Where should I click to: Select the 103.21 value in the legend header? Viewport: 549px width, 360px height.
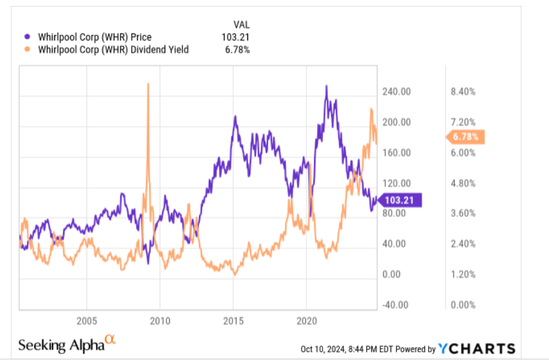[236, 37]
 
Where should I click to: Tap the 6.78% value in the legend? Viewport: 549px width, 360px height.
[237, 49]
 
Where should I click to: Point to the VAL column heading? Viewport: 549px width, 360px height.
[241, 24]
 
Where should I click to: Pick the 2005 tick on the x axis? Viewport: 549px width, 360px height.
[87, 321]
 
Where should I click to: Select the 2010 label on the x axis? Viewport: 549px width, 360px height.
[160, 321]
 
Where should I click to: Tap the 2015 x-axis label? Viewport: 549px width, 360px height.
[233, 321]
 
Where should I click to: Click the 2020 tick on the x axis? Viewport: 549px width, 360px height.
[306, 321]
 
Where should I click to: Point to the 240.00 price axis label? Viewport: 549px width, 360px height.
[397, 92]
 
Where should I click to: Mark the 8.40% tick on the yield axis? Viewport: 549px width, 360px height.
[463, 92]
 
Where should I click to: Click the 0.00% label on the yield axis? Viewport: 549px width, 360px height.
[463, 305]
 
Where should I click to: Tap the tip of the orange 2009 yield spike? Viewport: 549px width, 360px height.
[147, 84]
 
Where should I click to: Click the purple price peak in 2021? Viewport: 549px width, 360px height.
[326, 86]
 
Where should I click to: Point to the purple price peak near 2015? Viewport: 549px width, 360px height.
[235, 117]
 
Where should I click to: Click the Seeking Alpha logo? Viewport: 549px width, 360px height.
[66, 345]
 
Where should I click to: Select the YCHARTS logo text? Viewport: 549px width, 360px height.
[476, 349]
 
